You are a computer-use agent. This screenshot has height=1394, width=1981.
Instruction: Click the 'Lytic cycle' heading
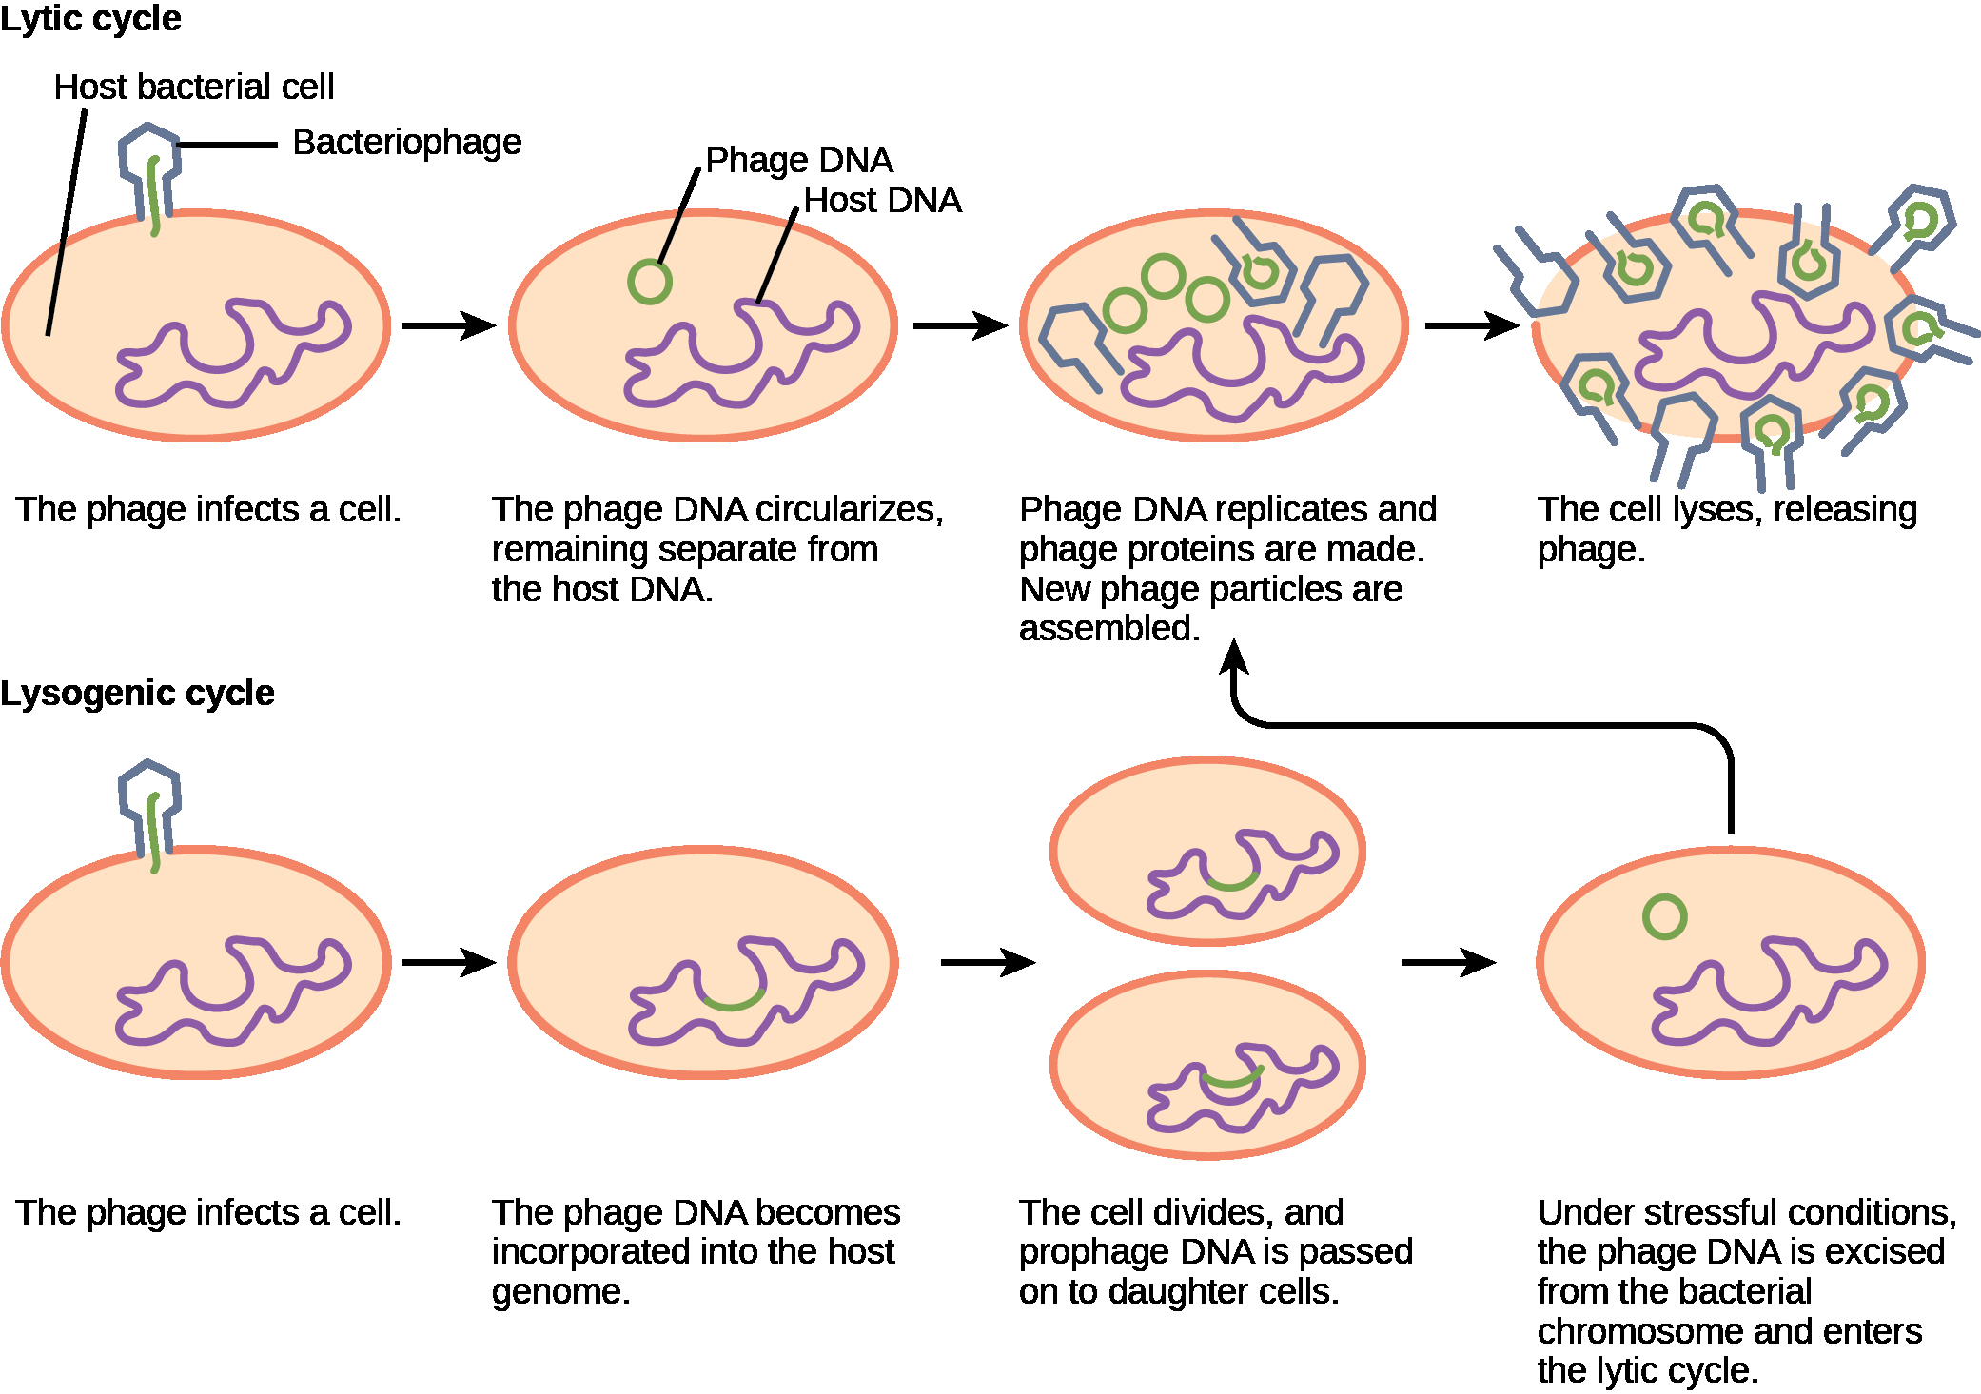click(90, 19)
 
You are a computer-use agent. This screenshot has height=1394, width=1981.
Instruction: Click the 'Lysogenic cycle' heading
click(137, 694)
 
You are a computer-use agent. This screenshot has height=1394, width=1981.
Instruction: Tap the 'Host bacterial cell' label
click(194, 87)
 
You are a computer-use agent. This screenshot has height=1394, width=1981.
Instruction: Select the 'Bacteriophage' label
click(407, 143)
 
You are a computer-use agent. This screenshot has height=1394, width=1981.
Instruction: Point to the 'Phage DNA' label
click(799, 160)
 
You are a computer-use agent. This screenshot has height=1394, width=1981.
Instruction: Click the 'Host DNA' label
click(883, 201)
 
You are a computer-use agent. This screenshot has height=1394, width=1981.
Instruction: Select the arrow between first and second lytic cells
click(448, 325)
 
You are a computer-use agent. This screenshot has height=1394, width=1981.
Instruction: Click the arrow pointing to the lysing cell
click(1472, 325)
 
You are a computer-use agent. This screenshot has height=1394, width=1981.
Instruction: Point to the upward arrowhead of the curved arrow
click(1234, 657)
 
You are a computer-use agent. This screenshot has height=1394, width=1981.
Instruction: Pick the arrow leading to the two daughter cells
click(988, 962)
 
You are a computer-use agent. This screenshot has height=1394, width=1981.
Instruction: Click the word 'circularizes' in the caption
click(850, 510)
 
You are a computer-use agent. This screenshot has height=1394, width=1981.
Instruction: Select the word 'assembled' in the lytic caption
click(1109, 628)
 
